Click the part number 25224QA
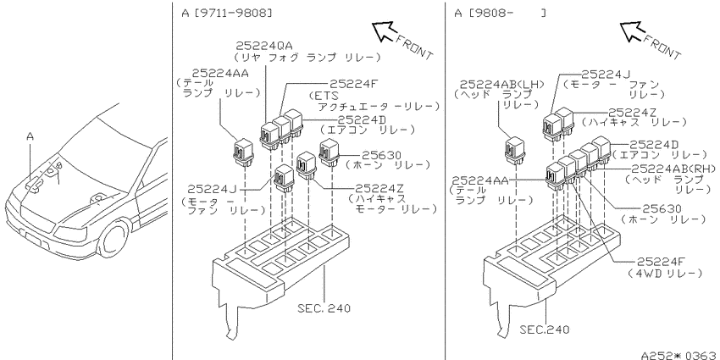coord(264,46)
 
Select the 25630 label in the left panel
coord(381,155)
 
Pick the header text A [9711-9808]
coord(227,14)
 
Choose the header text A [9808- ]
coord(500,14)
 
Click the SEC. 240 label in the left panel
coord(324,307)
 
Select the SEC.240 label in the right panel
coord(545,330)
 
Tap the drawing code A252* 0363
coord(679,355)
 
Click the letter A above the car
coord(30,136)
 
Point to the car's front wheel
coord(113,239)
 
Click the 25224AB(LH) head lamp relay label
coord(502,85)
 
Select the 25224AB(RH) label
coord(673,169)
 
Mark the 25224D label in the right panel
coord(654,145)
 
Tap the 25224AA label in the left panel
coord(220,74)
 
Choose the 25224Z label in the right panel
coord(633,113)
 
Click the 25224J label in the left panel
coord(212,189)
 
